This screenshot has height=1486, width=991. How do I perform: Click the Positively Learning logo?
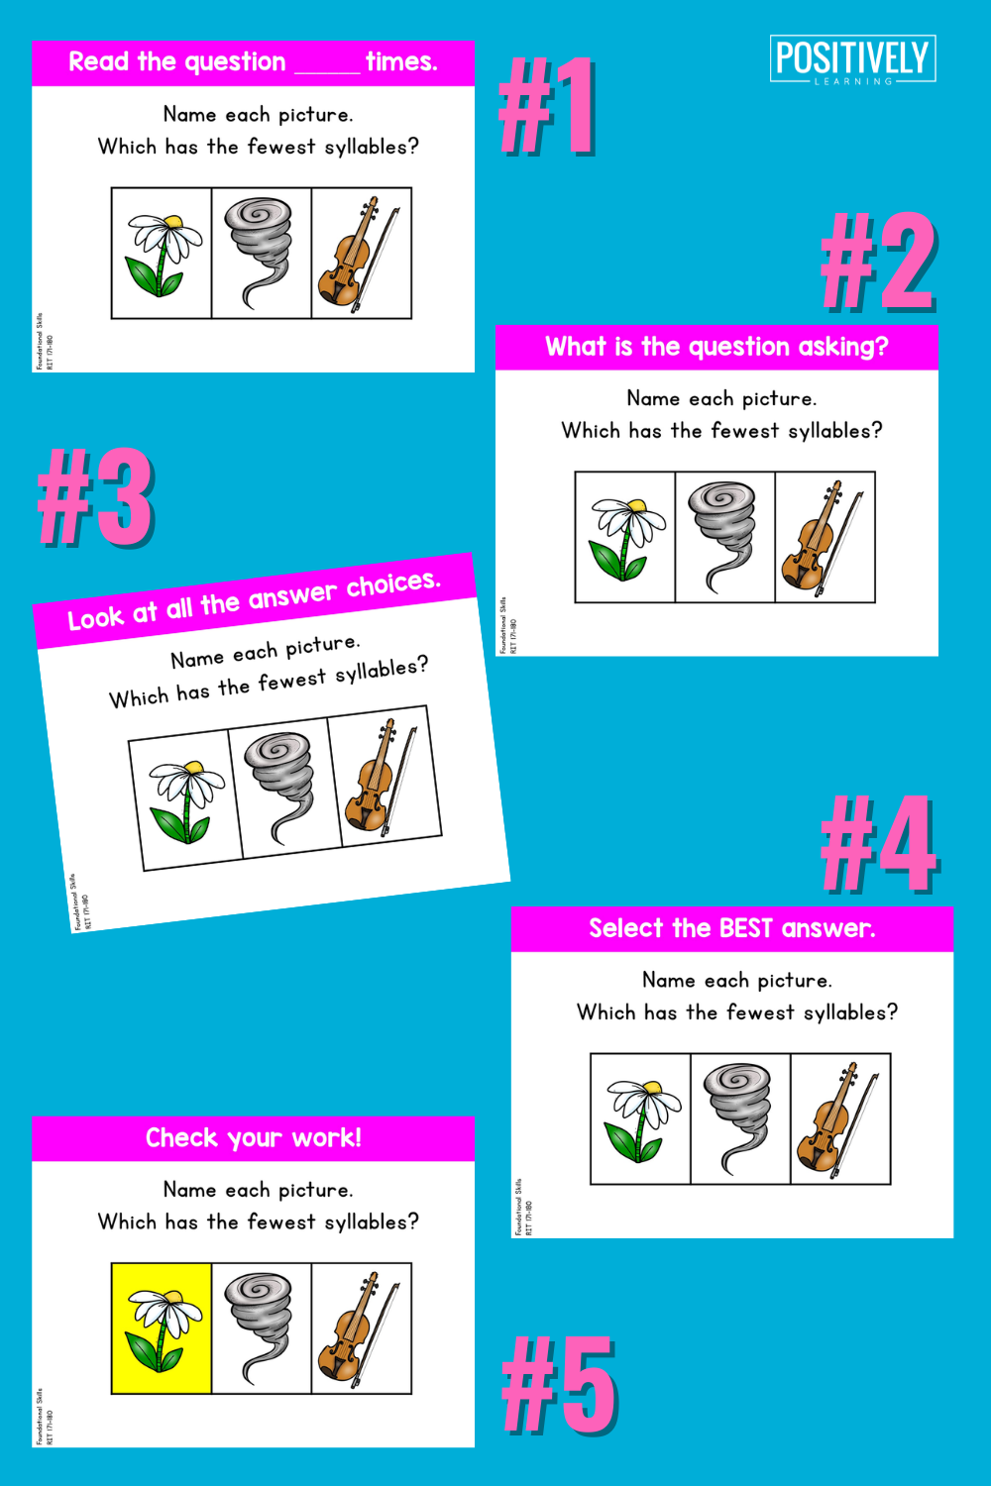tap(852, 59)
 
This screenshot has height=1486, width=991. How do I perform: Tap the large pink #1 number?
tap(547, 106)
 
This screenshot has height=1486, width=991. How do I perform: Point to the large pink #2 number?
tap(878, 263)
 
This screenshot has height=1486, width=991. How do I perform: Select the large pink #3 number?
tap(95, 497)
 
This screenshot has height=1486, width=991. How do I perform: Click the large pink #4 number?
tap(879, 844)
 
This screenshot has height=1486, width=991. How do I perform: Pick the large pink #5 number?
tap(560, 1384)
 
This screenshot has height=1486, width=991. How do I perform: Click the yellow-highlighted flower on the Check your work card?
tap(162, 1327)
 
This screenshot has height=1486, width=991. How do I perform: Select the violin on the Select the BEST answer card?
tap(838, 1118)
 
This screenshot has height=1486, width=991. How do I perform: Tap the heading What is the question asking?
tap(716, 347)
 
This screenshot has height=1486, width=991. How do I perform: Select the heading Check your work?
tap(254, 1137)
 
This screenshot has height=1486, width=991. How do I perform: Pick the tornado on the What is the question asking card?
tap(724, 536)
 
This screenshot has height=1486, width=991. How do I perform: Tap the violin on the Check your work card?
tap(360, 1327)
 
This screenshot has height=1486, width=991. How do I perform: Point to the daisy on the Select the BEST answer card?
tap(641, 1118)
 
